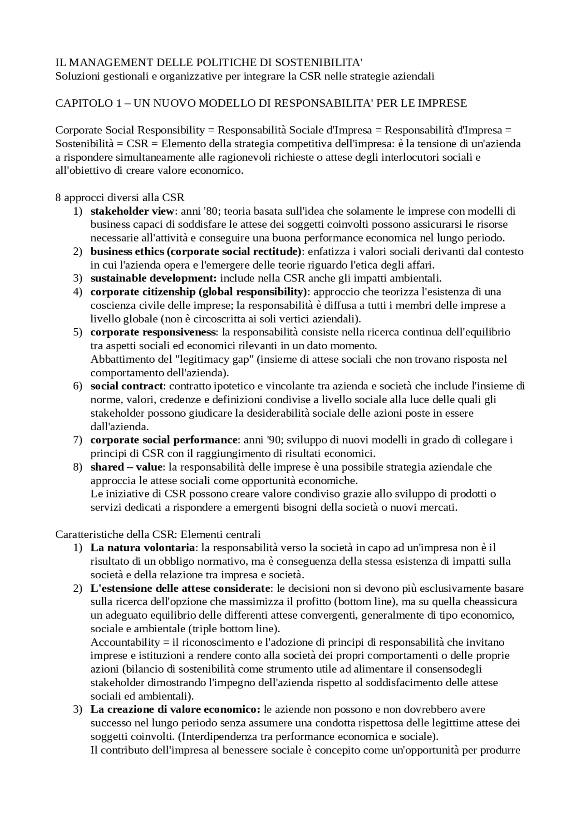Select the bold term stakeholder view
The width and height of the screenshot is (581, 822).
click(x=132, y=211)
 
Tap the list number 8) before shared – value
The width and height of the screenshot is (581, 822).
click(x=78, y=467)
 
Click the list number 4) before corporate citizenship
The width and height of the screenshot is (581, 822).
click(x=78, y=292)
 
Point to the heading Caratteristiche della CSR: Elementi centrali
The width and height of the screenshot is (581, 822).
click(x=158, y=534)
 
